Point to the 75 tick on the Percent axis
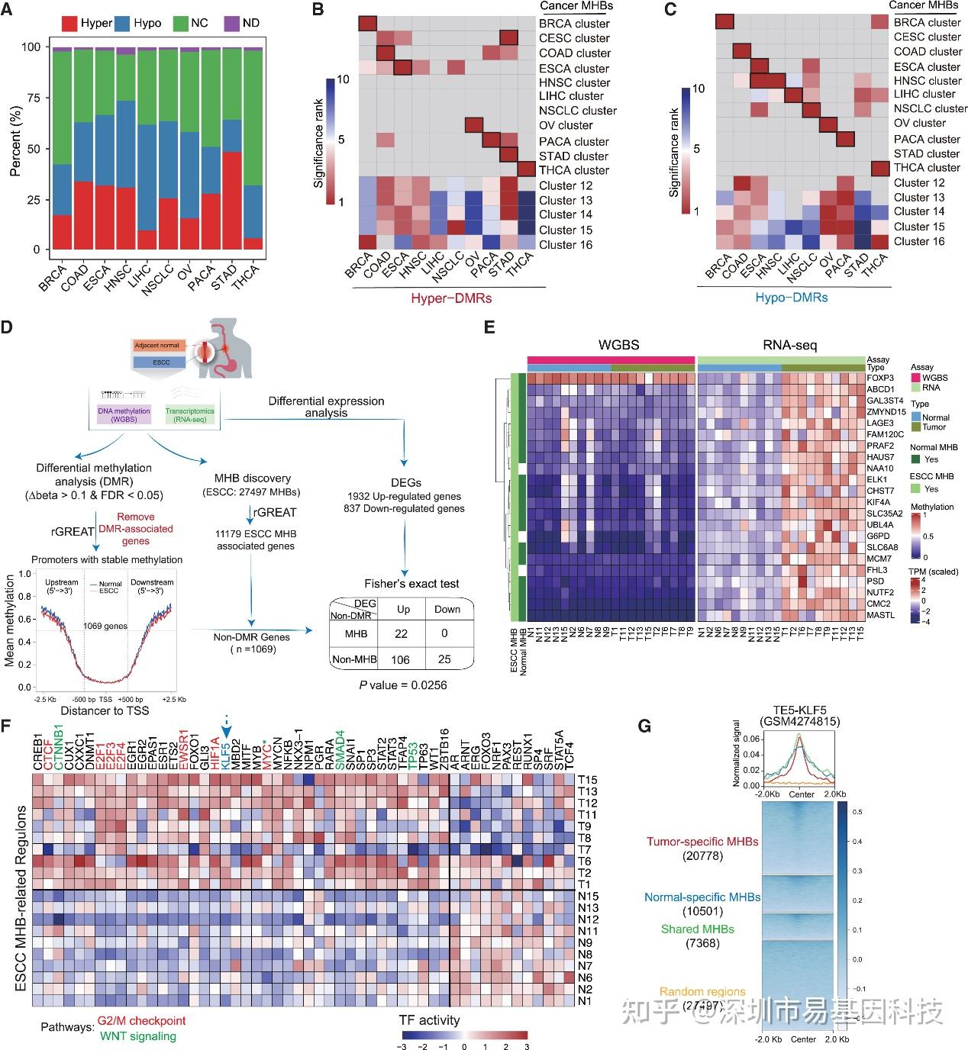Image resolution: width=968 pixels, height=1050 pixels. click(x=31, y=98)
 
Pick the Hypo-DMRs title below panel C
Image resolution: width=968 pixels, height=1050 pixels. click(x=791, y=297)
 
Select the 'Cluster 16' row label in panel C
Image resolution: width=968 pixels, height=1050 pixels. click(x=919, y=241)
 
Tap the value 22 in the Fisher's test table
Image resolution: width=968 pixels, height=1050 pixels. click(x=401, y=634)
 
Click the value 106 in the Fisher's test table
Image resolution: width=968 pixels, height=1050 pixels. click(x=400, y=659)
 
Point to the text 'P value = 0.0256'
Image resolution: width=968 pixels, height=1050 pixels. click(x=403, y=685)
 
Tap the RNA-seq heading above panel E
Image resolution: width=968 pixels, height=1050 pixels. click(x=789, y=346)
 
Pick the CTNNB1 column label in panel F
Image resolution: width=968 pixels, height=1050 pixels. click(x=59, y=751)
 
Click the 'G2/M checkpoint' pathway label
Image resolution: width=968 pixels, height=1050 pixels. click(x=141, y=1021)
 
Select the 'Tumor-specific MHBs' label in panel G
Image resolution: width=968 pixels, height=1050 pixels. click(x=702, y=842)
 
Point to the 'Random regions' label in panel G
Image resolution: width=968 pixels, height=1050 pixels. click(x=702, y=992)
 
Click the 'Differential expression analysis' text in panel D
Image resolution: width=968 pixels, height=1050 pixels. click(x=326, y=407)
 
